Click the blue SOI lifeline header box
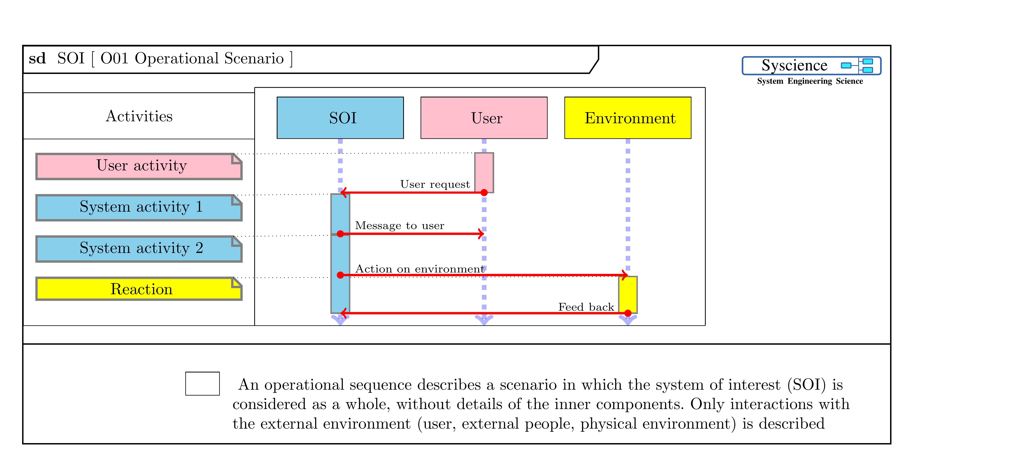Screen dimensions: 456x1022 (340, 118)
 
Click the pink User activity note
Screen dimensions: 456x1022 (139, 166)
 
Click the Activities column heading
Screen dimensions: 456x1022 (139, 116)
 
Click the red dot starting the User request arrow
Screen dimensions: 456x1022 (484, 192)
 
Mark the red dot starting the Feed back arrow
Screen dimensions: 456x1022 (628, 313)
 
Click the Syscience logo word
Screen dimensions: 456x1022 (794, 65)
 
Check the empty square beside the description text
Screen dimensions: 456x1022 (202, 383)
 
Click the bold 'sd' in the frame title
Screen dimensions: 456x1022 (37, 59)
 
